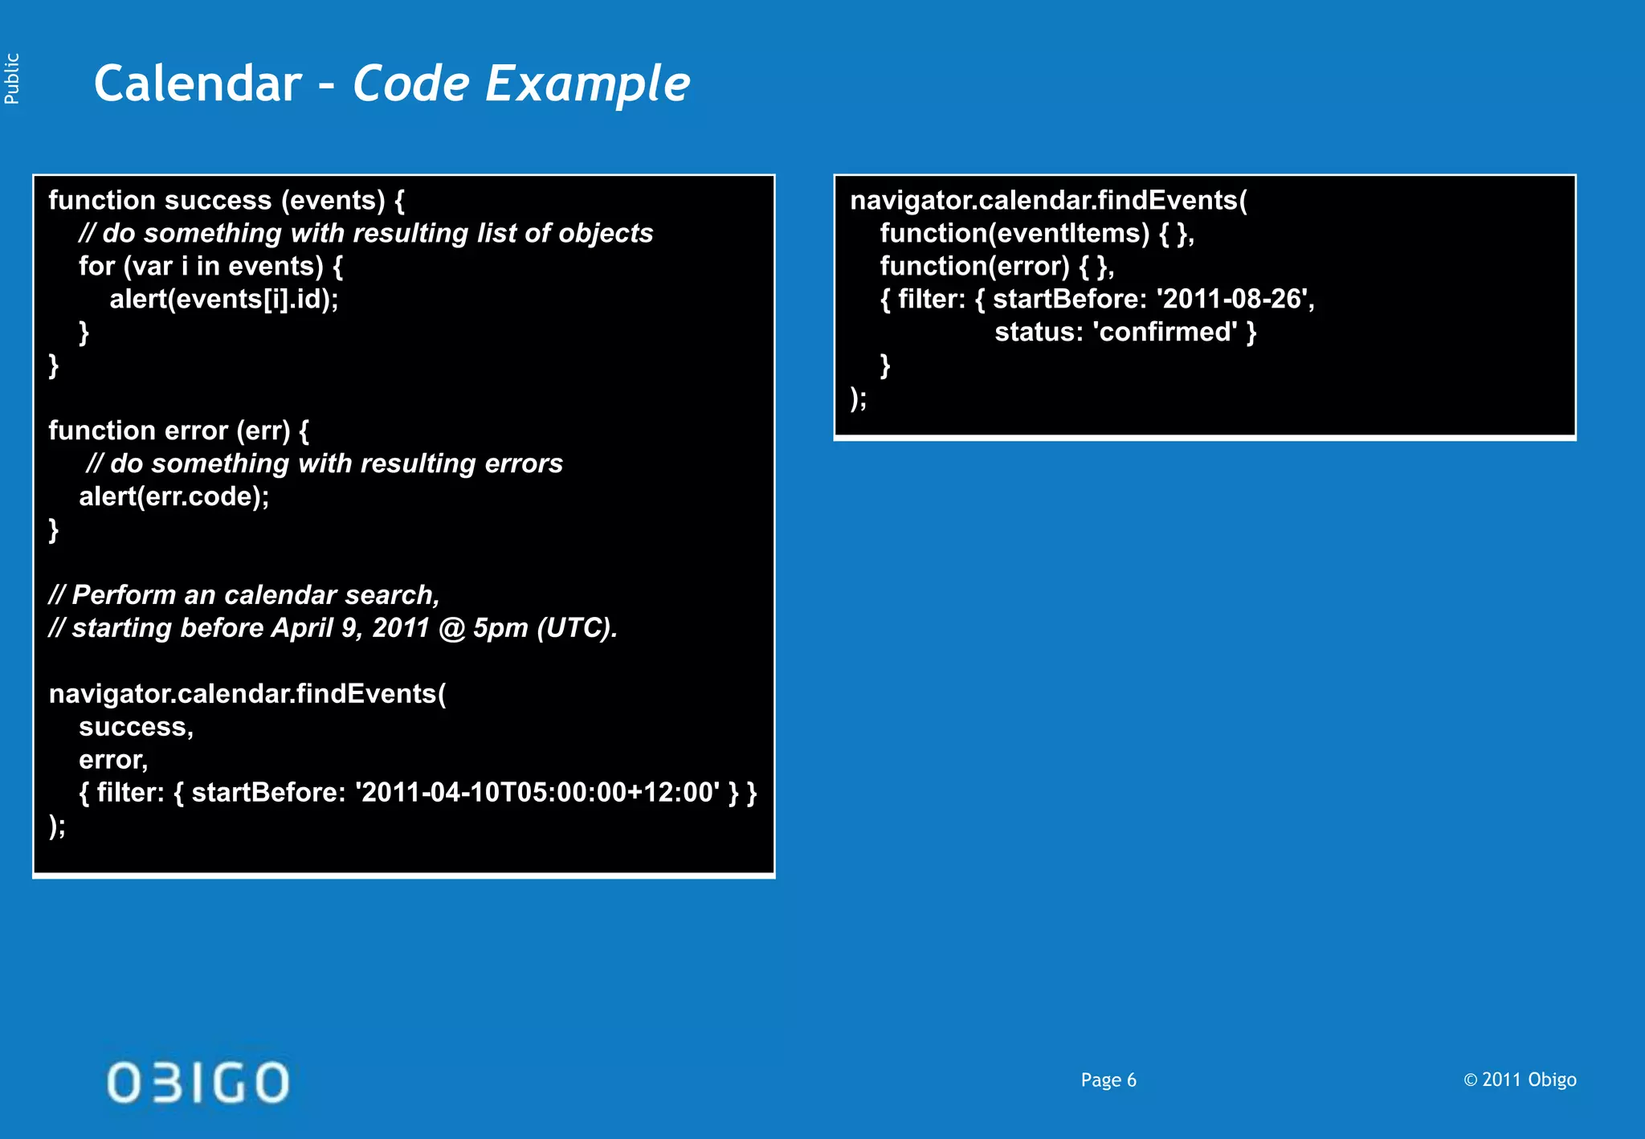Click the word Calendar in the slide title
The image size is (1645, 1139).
tap(198, 84)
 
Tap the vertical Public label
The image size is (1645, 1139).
tap(12, 79)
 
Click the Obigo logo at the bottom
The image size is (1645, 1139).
tap(198, 1082)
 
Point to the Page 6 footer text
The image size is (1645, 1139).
tap(1108, 1080)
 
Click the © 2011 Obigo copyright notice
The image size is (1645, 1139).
tap(1520, 1080)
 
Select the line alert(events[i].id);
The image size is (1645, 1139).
tap(224, 300)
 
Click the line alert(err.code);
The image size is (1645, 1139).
tap(173, 497)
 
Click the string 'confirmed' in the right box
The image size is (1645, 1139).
tap(1165, 333)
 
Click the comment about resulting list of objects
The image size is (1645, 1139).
tap(366, 234)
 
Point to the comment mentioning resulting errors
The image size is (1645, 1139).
tap(325, 464)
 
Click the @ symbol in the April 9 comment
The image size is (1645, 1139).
tap(452, 628)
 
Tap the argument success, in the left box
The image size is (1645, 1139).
tap(136, 727)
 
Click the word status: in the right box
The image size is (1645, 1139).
tap(1039, 333)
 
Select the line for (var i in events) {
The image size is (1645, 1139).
tap(210, 267)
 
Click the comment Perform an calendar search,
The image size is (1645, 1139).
tap(244, 595)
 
